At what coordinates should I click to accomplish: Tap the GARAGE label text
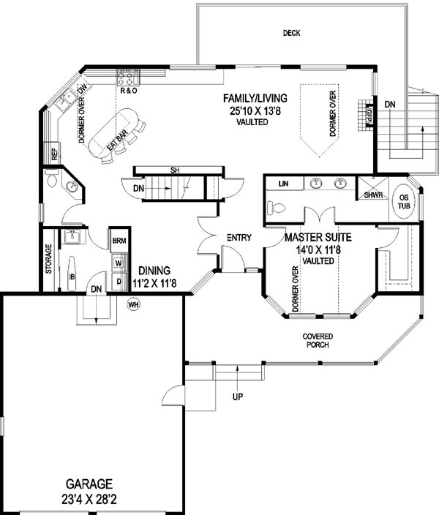tap(87, 484)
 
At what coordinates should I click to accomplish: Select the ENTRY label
tap(239, 237)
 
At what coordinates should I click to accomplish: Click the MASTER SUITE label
tap(318, 237)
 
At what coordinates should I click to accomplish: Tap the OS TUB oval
tap(403, 200)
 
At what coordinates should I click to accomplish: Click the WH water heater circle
tap(133, 303)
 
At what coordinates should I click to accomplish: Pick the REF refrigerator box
tap(54, 154)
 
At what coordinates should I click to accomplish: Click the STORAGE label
tap(49, 258)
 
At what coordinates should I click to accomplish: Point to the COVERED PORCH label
tap(318, 340)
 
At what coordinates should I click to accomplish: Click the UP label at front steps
tap(238, 397)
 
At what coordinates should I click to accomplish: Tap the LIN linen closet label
tap(285, 184)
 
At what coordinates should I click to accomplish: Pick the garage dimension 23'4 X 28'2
tap(87, 498)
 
